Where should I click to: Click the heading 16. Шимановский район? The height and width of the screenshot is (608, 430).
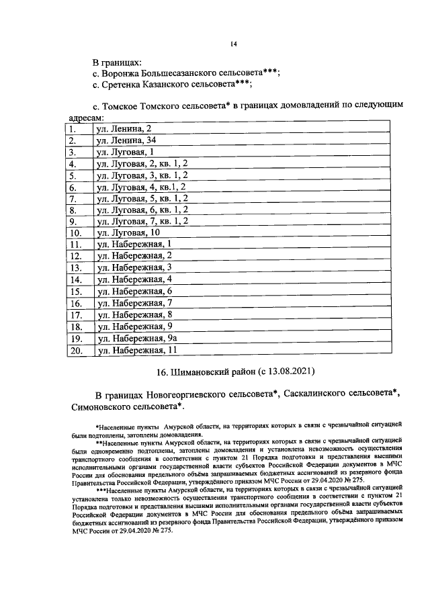click(x=195, y=371)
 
